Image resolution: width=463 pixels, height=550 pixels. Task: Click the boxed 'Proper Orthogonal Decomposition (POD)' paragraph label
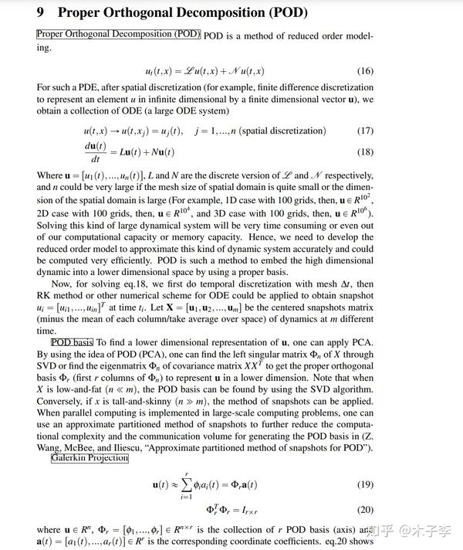[x=118, y=35]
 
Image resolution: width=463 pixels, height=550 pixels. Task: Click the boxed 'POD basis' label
[x=72, y=342]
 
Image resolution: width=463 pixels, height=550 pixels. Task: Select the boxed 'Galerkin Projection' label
[x=90, y=458]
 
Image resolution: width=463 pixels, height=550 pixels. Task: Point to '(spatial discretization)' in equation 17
[x=282, y=131]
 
